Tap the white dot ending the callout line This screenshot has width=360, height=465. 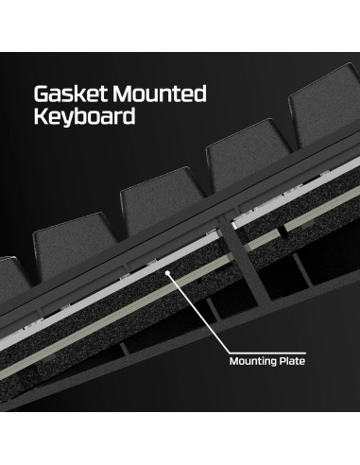tap(169, 274)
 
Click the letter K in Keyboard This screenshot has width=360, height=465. tap(43, 120)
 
